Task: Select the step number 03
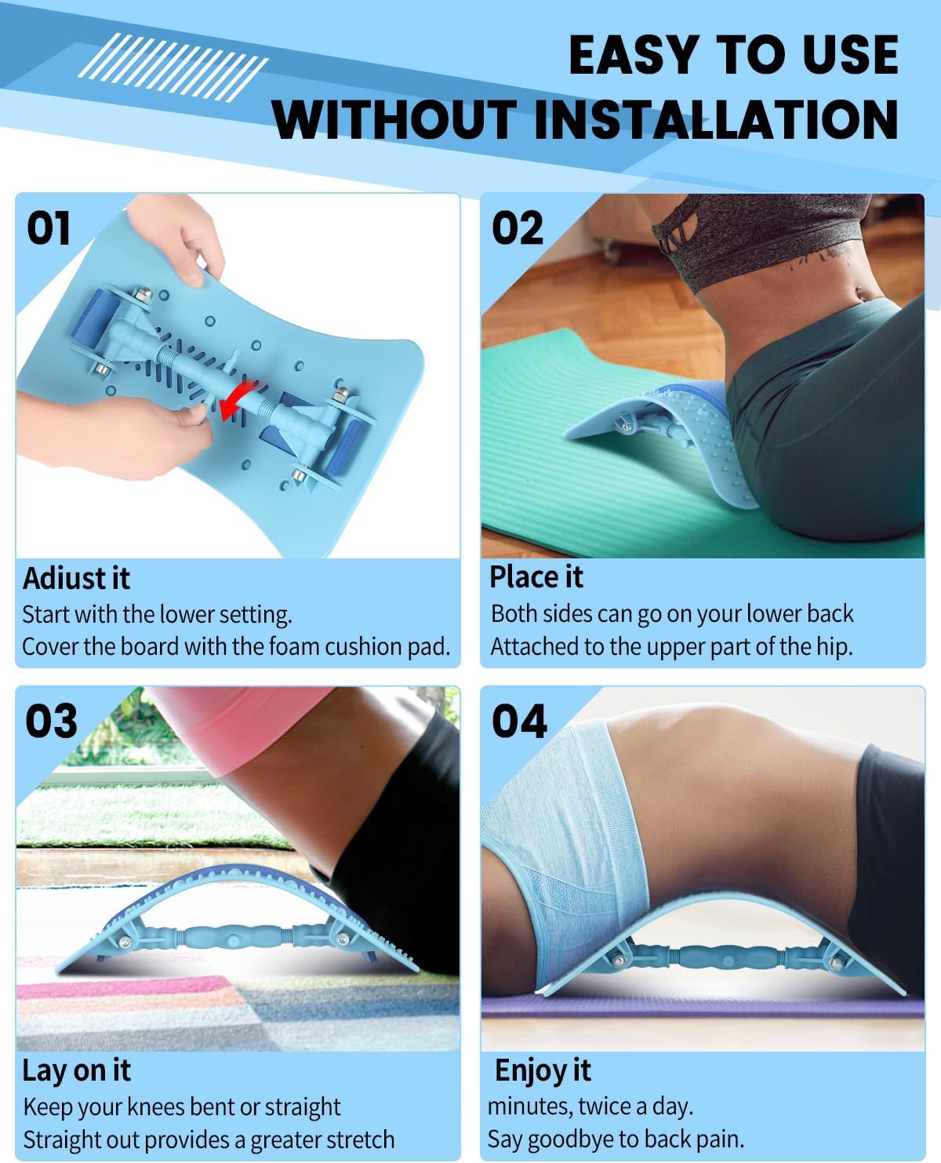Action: point(51,721)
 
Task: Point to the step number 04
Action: point(518,721)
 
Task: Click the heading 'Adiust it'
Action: point(76,578)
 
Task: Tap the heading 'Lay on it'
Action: point(76,1070)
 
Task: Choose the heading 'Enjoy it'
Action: point(543,1070)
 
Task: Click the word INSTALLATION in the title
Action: point(716,119)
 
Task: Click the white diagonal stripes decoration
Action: point(173,67)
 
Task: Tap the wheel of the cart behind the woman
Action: point(612,253)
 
